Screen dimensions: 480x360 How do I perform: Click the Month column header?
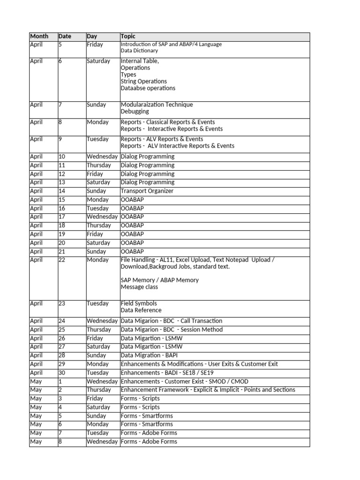[x=39, y=37]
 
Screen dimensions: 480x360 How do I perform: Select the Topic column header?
[x=128, y=37]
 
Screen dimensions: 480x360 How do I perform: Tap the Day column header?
[x=92, y=37]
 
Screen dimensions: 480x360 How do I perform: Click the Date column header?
[x=65, y=37]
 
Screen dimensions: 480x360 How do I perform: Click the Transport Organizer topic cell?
[x=147, y=191]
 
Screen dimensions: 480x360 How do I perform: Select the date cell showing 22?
[x=62, y=260]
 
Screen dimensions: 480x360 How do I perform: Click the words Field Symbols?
[x=139, y=303]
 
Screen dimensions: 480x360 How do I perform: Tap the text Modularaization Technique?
[x=157, y=105]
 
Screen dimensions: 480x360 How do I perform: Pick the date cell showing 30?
[x=62, y=373]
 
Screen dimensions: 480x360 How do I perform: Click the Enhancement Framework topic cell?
[x=208, y=390]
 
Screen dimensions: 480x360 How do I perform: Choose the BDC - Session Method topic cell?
[x=172, y=330]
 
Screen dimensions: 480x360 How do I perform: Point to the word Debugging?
[x=135, y=112]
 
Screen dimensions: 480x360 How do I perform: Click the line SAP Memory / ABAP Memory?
[x=159, y=280]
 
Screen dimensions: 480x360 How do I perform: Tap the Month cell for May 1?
[x=36, y=382]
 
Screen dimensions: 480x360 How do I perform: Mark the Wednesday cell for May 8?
[x=102, y=442]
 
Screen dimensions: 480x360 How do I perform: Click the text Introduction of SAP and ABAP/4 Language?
[x=171, y=45]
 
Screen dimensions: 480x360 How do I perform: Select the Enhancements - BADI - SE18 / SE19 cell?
[x=173, y=373]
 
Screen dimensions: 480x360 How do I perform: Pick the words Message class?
[x=139, y=287]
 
